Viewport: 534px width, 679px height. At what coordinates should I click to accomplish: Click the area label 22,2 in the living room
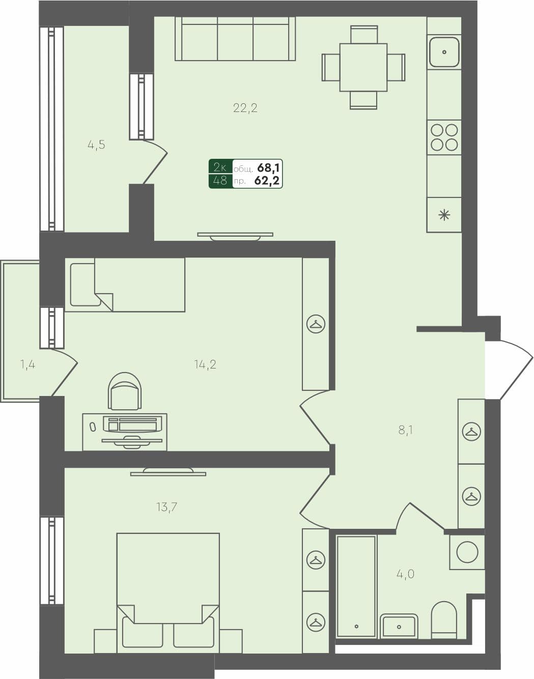coord(245,108)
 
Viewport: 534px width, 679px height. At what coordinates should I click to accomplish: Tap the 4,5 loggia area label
coord(96,145)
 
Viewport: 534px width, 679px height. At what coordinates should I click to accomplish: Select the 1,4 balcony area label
coord(27,364)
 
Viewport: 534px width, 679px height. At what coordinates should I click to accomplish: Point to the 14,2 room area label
coord(205,364)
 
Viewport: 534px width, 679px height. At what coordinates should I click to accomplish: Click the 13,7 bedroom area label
coord(166,507)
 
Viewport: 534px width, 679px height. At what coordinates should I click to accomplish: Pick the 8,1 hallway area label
coord(405,430)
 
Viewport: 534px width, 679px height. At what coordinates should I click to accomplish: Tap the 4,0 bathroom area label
coord(405,574)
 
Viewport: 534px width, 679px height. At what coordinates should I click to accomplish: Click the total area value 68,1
coord(269,167)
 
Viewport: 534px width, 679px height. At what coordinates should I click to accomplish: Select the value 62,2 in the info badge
coord(268,181)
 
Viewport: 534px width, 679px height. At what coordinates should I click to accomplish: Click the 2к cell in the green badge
coord(220,167)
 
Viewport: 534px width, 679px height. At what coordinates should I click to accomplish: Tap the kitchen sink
coord(444,52)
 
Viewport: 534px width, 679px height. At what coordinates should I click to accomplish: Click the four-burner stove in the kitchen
coord(444,137)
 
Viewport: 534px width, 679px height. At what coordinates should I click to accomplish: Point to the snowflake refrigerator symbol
coord(444,215)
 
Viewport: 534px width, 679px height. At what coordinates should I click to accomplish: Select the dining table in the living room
coord(363,67)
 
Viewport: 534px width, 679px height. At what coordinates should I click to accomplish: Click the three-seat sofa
coord(235,39)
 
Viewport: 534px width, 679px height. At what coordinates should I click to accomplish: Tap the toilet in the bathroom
coord(444,619)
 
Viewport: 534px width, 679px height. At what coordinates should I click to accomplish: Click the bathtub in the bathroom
coord(356,585)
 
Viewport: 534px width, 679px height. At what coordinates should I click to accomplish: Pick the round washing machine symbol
coord(467,552)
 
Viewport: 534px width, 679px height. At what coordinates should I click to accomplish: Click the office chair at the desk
coord(125,391)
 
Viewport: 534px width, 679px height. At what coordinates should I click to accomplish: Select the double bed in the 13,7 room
coord(168,590)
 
